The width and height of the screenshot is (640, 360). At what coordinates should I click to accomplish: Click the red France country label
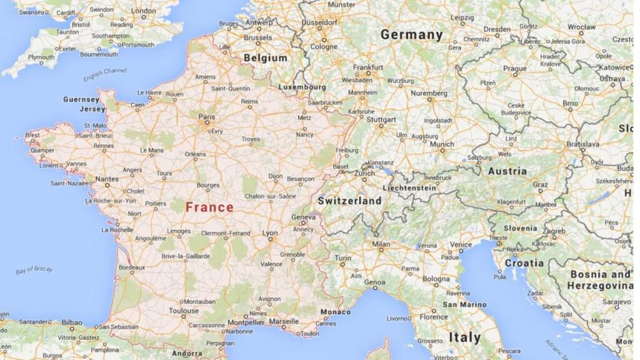point(209,207)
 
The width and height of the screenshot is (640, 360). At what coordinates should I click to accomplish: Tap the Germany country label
point(411,35)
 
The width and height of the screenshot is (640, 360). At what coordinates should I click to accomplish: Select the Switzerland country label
point(349,201)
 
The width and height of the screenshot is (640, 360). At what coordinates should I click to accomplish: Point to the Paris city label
point(206,117)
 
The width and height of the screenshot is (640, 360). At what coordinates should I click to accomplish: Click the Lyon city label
point(270,233)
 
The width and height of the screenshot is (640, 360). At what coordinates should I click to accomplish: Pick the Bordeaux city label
point(131,267)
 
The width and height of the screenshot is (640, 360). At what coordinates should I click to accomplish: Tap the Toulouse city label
point(184,311)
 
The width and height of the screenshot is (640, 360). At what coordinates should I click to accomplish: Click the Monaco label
point(336,312)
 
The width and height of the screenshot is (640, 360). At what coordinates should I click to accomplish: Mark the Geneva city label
point(303,217)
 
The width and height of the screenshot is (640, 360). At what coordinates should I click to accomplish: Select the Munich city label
point(442,144)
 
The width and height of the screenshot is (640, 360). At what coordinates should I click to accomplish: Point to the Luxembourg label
point(302,87)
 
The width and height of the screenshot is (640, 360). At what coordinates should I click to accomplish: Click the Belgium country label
point(266,58)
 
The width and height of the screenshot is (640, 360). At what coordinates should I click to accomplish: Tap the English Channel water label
point(105,75)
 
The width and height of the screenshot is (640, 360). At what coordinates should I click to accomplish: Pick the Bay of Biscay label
point(34,270)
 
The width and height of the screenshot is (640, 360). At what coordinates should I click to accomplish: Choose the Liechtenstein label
point(410,187)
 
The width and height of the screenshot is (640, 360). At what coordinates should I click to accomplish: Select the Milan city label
point(381,244)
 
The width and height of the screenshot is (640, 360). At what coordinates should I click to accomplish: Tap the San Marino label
point(464,304)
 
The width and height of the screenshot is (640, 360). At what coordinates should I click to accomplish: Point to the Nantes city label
point(107,179)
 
